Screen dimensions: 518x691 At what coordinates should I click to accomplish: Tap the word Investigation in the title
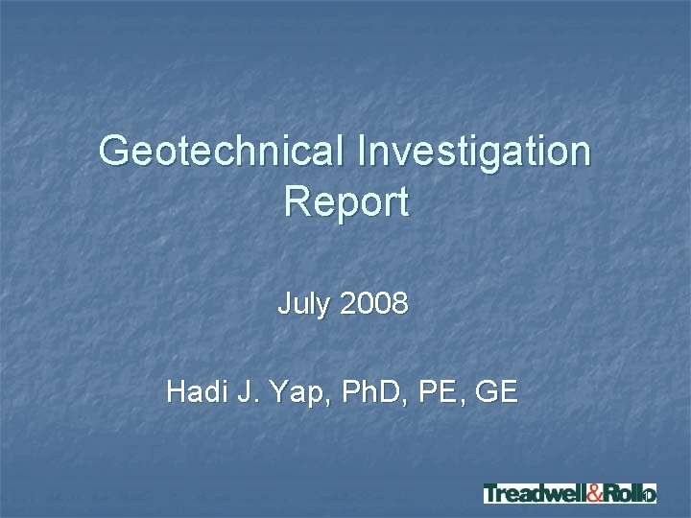pyautogui.click(x=474, y=152)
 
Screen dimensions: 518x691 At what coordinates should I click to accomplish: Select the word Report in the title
pyautogui.click(x=345, y=202)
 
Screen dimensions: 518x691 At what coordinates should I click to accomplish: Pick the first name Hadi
pyautogui.click(x=196, y=391)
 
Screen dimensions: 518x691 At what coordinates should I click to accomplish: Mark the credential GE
pyautogui.click(x=496, y=391)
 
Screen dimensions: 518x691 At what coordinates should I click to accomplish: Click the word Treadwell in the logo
pyautogui.click(x=534, y=494)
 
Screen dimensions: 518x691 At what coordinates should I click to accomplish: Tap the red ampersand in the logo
pyautogui.click(x=594, y=494)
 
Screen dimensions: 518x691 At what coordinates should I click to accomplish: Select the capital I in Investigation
pyautogui.click(x=362, y=152)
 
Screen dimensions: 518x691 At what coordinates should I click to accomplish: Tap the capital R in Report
pyautogui.click(x=297, y=202)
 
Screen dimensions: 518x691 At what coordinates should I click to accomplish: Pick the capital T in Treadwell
pyautogui.click(x=491, y=494)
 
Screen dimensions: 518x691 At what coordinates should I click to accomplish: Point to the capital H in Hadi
pyautogui.click(x=176, y=391)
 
